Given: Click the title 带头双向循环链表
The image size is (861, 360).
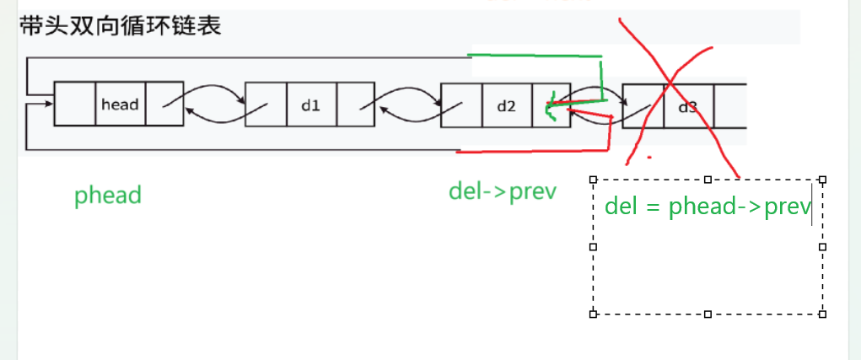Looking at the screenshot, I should pos(121,26).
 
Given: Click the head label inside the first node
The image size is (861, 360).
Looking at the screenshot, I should pos(120,105).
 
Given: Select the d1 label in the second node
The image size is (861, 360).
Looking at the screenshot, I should pos(311,105).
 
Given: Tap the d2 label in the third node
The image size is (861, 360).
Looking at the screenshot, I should pos(506,105).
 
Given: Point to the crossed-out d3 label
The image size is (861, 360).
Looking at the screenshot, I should pos(688,107).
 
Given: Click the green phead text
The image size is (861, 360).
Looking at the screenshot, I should pos(108,196).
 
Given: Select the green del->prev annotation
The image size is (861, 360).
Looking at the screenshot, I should pos(503,192).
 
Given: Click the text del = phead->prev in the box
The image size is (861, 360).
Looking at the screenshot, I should pos(708,207).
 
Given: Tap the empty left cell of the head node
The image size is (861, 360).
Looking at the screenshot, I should pos(75,104).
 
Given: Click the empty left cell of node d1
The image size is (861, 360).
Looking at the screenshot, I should pos(266,104).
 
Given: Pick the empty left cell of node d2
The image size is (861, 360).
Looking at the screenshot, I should pos(461,105).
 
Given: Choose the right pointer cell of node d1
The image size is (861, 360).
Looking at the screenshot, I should pos(355,104).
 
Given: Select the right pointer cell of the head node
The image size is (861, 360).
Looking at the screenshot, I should pos(164,104).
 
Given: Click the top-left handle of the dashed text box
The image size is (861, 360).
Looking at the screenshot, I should pos(593,180).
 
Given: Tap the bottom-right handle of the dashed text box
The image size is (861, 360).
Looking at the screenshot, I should pos(823,314).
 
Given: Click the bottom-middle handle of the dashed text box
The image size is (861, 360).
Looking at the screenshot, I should pos(708,314).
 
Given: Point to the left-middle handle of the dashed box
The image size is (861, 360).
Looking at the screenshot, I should pos(593,246).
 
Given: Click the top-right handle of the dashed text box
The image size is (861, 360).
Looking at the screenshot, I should pos(823,180).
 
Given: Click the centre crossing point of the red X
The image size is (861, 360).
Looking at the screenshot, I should pos(670,82).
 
